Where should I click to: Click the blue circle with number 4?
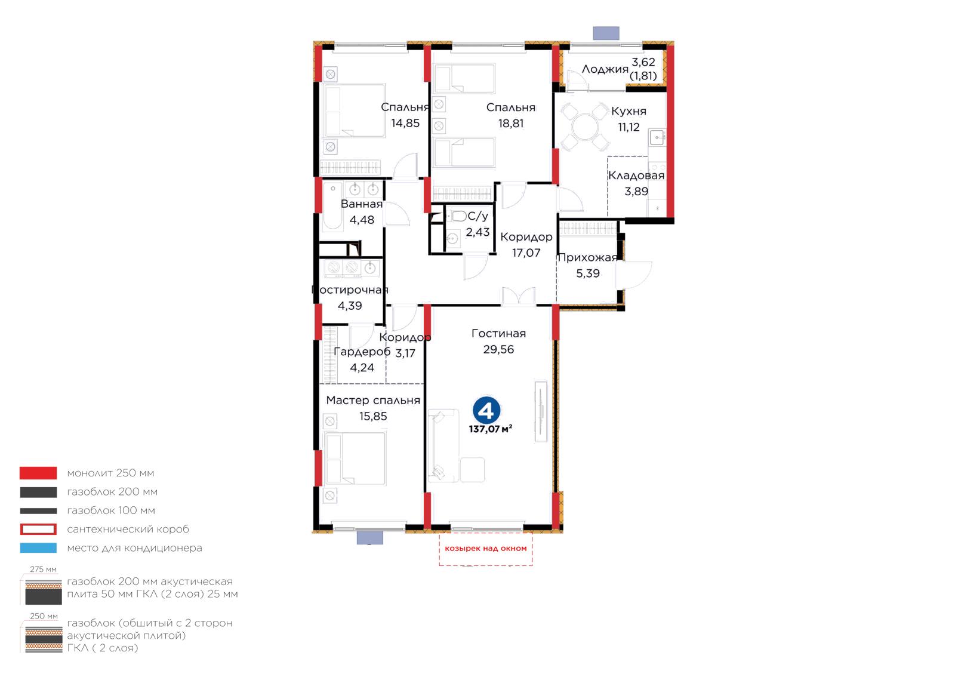point(486,410)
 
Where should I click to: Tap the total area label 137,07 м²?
point(490,429)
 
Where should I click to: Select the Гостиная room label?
point(498,333)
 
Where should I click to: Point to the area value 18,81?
point(511,124)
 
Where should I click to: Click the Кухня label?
point(629,111)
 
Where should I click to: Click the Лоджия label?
point(605,69)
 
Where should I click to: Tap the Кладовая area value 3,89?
point(636,192)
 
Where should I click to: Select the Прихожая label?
point(587,257)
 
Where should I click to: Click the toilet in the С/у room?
point(458,216)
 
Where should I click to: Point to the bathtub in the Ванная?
point(332,206)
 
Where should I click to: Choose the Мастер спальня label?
point(373,401)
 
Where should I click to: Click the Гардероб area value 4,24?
point(362,368)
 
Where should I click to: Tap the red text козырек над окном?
point(486,548)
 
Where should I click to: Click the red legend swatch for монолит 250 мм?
point(38,473)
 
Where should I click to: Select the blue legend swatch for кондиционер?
point(38,548)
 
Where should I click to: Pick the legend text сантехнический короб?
point(128,529)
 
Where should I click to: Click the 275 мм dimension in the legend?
point(43,570)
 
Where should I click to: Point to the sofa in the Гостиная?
point(443,446)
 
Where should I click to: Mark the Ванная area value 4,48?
point(362,220)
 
